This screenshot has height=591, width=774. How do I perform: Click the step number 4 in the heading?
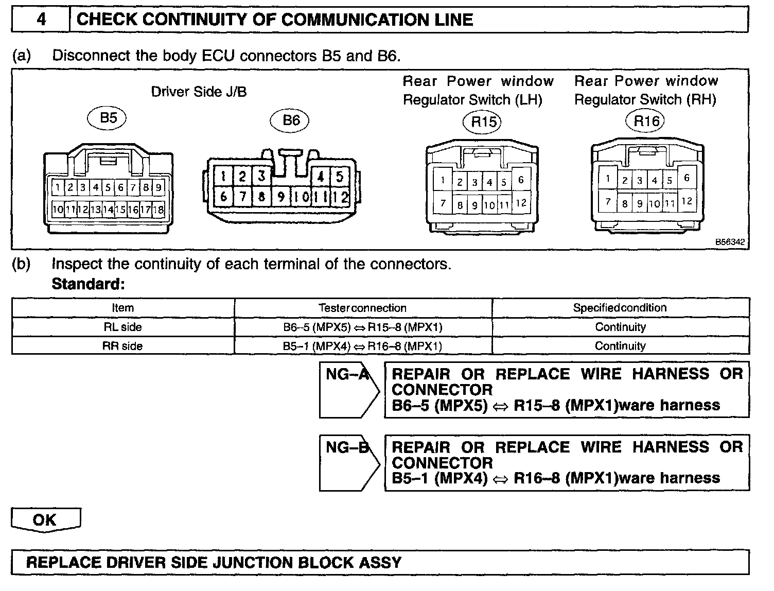[41, 19]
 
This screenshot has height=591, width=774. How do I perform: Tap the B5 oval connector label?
[107, 118]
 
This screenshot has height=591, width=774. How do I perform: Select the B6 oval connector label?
[290, 120]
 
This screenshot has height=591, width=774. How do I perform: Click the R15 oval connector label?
[482, 122]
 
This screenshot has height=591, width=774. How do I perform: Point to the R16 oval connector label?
[645, 121]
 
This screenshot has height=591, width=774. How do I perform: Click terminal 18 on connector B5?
[158, 210]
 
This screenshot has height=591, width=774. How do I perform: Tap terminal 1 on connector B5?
[58, 187]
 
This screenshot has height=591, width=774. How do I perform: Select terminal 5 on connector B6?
[339, 176]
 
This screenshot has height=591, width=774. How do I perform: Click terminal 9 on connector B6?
[281, 197]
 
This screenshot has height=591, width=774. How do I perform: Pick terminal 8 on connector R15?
[460, 205]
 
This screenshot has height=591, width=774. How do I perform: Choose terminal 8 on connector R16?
[624, 203]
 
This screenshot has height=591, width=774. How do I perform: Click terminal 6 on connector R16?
[687, 178]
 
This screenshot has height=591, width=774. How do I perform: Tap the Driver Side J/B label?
[199, 92]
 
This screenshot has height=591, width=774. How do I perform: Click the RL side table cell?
[122, 327]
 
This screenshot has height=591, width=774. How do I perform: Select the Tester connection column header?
[362, 308]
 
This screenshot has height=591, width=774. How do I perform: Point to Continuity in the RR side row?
[620, 346]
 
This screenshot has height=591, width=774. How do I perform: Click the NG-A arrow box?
[349, 390]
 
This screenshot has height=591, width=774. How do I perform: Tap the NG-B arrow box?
[349, 463]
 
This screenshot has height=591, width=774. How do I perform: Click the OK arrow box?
[46, 520]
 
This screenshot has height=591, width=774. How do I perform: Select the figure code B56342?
[730, 242]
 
